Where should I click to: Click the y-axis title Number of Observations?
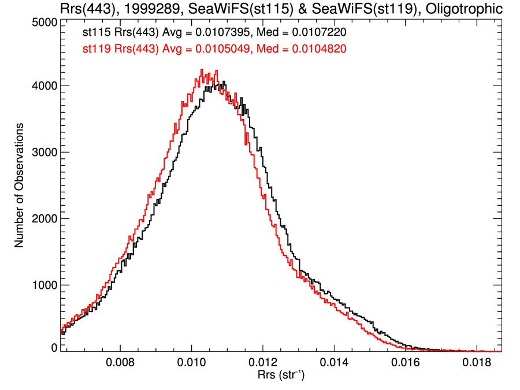click(19, 185)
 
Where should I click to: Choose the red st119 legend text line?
click(214, 49)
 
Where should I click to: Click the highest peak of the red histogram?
click(202, 70)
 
